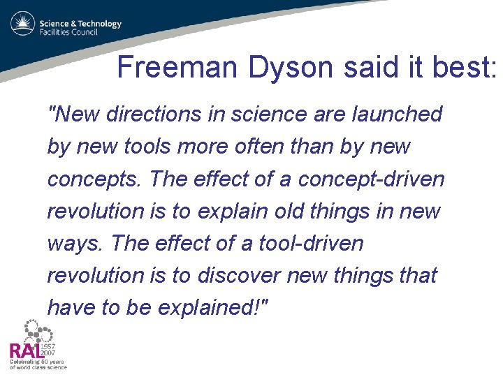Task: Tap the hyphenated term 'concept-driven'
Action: tap(371, 179)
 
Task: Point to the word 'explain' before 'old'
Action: tap(231, 212)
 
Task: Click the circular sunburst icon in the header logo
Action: tap(22, 24)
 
